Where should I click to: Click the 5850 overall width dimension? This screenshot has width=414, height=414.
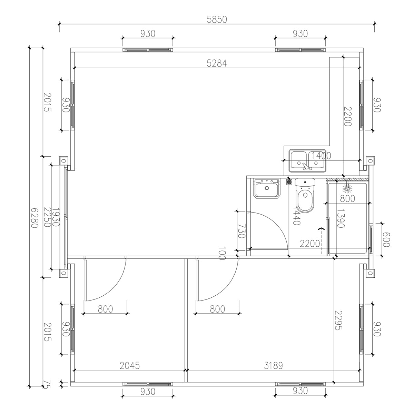click(x=217, y=20)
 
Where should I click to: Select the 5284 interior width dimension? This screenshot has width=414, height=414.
click(x=217, y=63)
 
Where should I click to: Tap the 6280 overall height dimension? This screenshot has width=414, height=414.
click(x=33, y=218)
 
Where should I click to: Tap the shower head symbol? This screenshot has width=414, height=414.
click(x=347, y=188)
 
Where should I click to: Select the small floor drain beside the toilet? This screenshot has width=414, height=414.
click(x=289, y=181)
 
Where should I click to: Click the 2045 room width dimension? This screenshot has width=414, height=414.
click(x=129, y=366)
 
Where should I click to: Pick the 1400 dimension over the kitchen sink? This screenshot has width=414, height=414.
click(x=322, y=156)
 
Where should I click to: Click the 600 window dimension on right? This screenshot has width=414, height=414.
click(x=385, y=239)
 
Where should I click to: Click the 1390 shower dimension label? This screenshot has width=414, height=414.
click(x=341, y=218)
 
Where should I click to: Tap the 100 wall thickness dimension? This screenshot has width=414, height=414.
click(x=221, y=253)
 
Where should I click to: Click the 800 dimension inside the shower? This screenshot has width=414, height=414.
click(x=347, y=199)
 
